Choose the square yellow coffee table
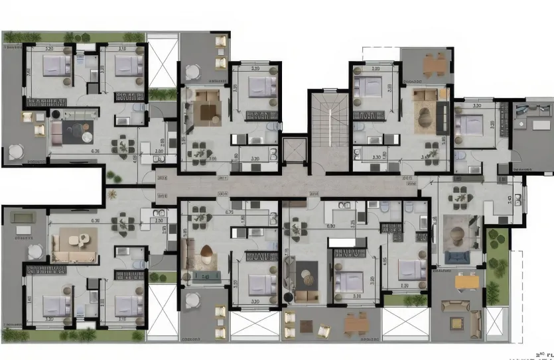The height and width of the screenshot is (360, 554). pyautogui.click(x=456, y=322)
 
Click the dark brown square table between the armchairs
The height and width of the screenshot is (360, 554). pyautogui.click(x=306, y=326)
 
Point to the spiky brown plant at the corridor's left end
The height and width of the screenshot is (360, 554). pyautogui.click(x=112, y=194)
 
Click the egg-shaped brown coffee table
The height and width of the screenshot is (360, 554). pyautogui.click(x=206, y=251)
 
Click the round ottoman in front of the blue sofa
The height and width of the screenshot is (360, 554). pyautogui.click(x=456, y=233)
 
